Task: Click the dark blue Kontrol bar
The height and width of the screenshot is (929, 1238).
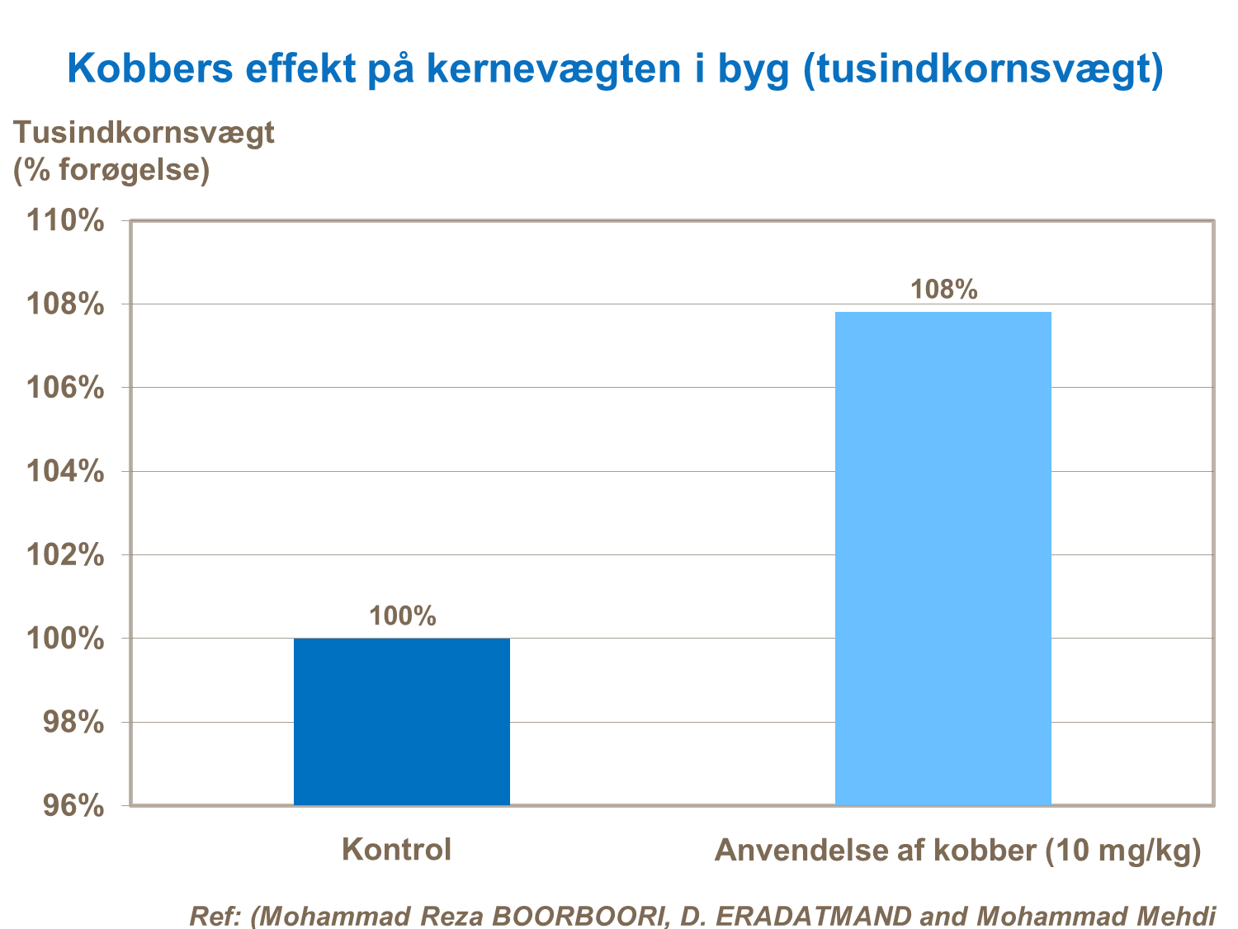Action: pyautogui.click(x=402, y=721)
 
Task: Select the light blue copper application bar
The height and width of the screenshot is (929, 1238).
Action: pyautogui.click(x=943, y=558)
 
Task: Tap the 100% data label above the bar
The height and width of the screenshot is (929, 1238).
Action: pyautogui.click(x=402, y=615)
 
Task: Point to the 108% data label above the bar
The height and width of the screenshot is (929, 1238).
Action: pyautogui.click(x=943, y=290)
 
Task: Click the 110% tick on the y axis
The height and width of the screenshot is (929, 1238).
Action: pyautogui.click(x=65, y=220)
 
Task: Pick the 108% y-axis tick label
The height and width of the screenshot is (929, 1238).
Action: pyautogui.click(x=65, y=304)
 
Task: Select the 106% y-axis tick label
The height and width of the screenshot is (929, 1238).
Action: pyautogui.click(x=65, y=388)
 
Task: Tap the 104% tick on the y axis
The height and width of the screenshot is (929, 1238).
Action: pyautogui.click(x=65, y=471)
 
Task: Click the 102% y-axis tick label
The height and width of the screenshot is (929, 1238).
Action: pyautogui.click(x=65, y=554)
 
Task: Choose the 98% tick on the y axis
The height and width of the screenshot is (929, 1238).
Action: pyautogui.click(x=73, y=722)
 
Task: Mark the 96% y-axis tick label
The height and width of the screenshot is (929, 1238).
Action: pyautogui.click(x=73, y=805)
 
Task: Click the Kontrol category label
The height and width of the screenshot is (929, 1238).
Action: pyautogui.click(x=396, y=849)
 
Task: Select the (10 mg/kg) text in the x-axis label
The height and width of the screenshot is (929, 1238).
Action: pyautogui.click(x=1122, y=851)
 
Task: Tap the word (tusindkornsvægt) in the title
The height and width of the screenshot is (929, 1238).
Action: pyautogui.click(x=982, y=70)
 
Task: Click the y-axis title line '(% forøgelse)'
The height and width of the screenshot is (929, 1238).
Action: pyautogui.click(x=111, y=170)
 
